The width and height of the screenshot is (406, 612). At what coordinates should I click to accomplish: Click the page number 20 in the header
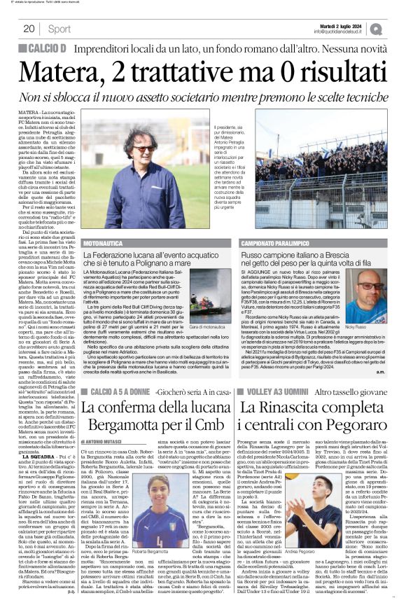(x=29, y=29)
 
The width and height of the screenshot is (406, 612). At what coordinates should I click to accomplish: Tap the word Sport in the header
(x=59, y=29)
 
